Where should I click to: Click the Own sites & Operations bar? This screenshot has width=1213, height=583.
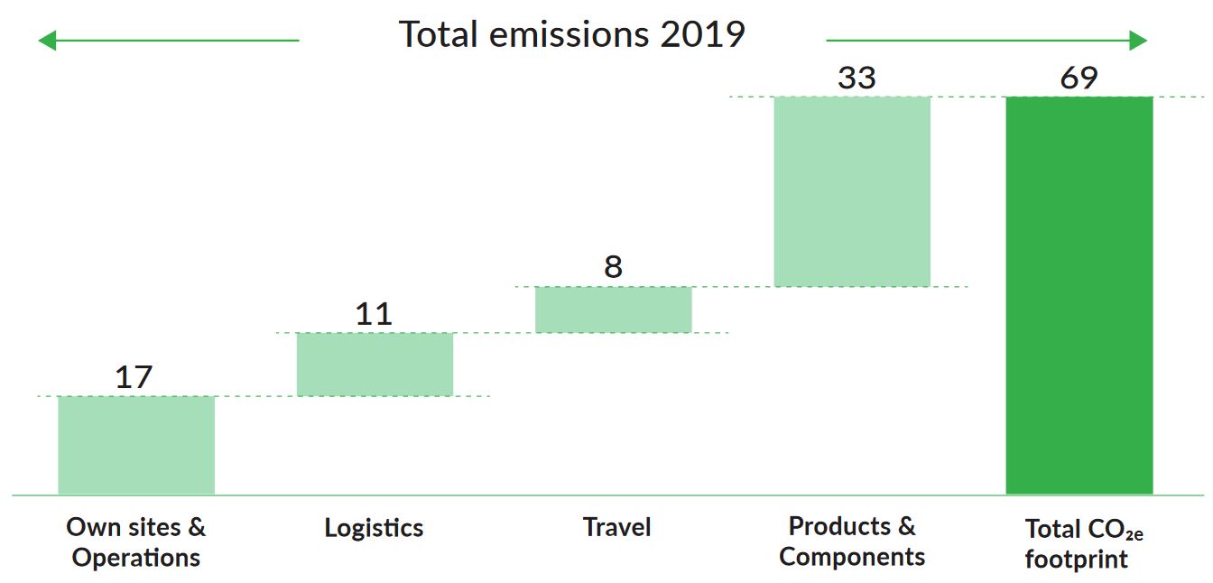point(136,445)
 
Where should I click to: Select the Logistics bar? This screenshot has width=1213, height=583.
point(375,364)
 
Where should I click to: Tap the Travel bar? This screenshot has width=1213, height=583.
point(614,310)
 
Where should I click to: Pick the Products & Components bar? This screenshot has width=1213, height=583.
point(852,191)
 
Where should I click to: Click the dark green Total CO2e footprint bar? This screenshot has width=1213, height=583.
point(1079,295)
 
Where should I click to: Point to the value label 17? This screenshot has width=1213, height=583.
point(134,377)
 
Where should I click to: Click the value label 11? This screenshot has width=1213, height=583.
point(374,314)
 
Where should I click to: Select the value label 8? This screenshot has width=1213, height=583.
point(614,267)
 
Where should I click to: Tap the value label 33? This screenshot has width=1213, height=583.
point(857,79)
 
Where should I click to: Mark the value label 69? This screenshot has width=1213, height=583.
point(1079,79)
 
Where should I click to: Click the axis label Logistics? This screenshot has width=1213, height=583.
point(374,528)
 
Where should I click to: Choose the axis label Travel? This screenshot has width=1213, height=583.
point(616,527)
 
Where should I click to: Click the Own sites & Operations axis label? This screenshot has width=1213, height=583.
point(136,541)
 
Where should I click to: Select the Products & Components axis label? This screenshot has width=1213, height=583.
point(852,541)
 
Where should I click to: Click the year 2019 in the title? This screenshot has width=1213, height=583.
point(702,35)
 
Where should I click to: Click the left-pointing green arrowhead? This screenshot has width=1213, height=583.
point(47,41)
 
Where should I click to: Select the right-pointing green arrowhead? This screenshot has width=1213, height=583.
point(1138,41)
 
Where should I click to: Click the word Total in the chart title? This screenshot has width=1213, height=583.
point(442,35)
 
